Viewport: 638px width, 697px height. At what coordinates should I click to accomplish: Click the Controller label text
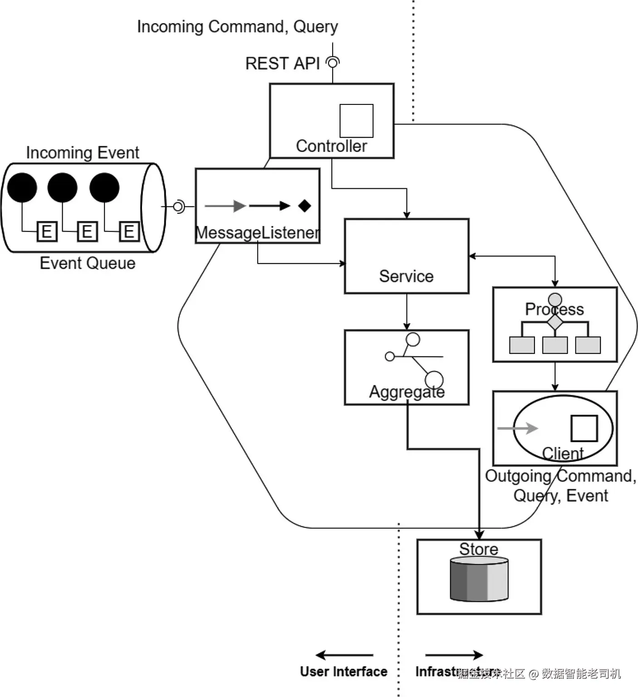coord(331,146)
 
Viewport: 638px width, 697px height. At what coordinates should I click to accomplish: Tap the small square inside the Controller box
coord(356,121)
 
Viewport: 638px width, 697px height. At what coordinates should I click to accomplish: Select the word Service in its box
coord(406,276)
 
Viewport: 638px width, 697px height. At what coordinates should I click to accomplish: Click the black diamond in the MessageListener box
coord(304,206)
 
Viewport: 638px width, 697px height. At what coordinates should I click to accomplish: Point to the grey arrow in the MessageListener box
coord(225,206)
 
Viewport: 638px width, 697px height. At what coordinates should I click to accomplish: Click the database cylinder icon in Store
coord(479,579)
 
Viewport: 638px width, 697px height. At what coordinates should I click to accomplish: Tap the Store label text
coord(479,549)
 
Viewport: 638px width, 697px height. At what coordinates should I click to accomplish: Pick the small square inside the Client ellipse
coord(584,428)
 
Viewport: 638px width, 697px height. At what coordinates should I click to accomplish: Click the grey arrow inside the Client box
coord(517,428)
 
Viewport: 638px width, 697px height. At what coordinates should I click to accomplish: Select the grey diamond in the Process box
coord(555,322)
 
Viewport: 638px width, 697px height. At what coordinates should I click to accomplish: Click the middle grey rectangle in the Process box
coord(555,345)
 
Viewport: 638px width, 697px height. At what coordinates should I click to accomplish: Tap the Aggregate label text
coord(407,392)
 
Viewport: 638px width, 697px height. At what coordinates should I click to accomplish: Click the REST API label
coord(282,64)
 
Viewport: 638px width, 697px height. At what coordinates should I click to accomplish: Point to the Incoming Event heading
coord(82,152)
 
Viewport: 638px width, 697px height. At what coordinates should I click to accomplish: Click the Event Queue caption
coord(88,263)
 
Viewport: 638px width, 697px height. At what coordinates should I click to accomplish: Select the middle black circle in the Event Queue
coord(63,187)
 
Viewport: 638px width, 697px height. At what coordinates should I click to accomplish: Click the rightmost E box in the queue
coord(129,231)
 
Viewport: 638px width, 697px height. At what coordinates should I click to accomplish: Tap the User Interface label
coord(344,672)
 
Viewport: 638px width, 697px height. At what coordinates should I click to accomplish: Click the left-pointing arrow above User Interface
coord(344,655)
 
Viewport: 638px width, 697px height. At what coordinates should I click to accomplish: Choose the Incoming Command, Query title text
coord(237,27)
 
